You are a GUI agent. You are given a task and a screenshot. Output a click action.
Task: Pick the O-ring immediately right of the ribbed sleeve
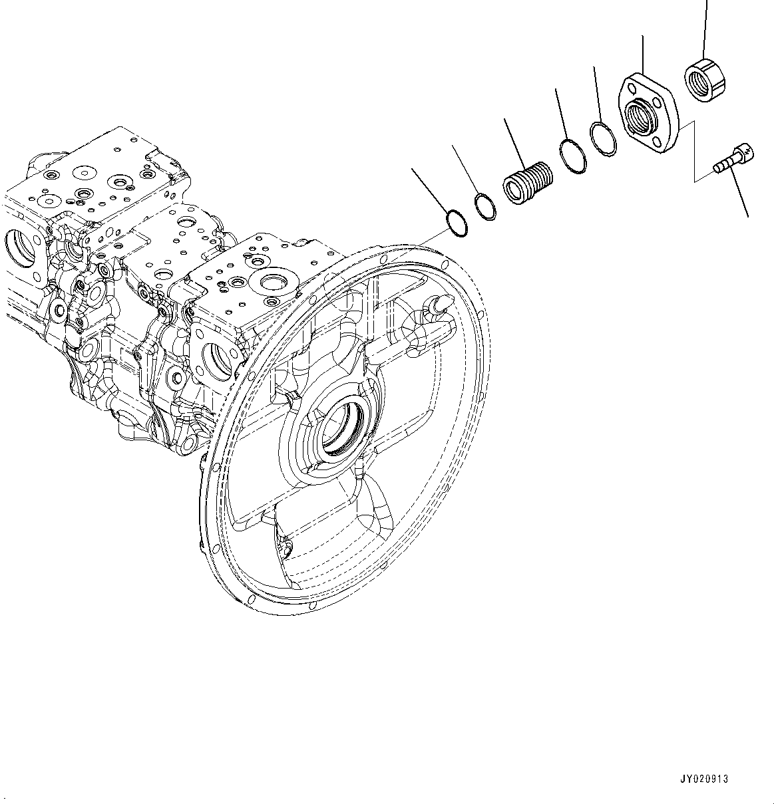point(573,156)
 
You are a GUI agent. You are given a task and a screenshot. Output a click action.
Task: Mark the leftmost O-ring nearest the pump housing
point(457,223)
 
